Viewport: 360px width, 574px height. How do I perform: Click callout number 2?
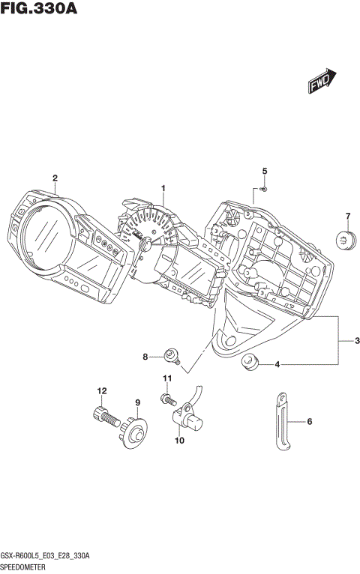pyautogui.click(x=55, y=178)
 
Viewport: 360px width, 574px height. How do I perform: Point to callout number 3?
pyautogui.click(x=348, y=341)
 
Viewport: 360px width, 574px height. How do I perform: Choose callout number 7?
pyautogui.click(x=347, y=217)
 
